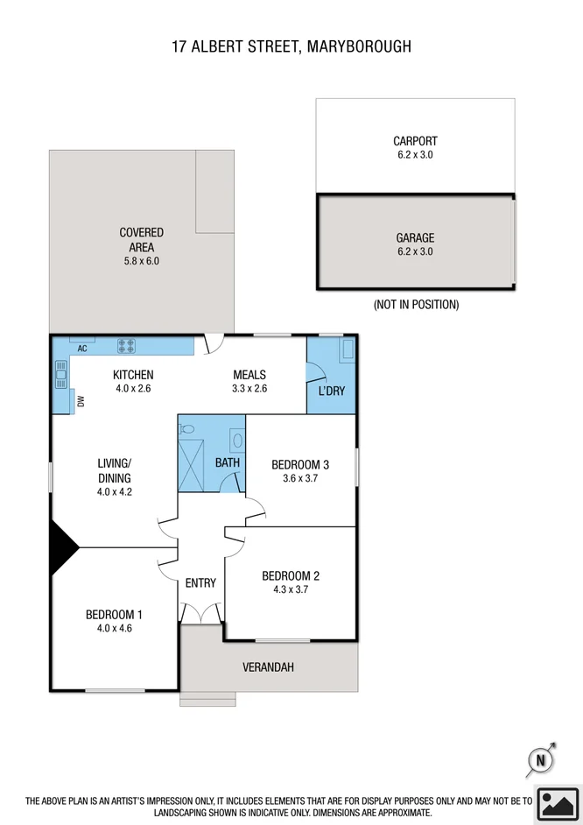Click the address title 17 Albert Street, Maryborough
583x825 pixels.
coord(291,46)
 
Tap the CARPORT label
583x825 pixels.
coord(415,141)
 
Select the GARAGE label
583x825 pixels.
coord(415,237)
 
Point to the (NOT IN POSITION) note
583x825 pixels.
coord(416,305)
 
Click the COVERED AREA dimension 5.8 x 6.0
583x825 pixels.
coord(142,261)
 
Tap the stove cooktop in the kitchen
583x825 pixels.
coord(126,345)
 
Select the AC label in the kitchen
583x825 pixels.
coord(82,349)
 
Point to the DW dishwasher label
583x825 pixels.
coord(81,402)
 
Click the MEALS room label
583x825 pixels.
coord(249,375)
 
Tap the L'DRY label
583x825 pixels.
coord(331,391)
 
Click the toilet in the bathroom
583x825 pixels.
coord(186,428)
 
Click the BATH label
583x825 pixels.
coord(228,462)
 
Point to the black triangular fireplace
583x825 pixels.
coord(62,548)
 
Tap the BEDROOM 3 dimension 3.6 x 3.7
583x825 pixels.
coord(299,478)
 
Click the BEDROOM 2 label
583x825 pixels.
coord(291,575)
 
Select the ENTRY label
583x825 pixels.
coord(200,583)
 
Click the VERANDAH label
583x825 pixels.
coord(268,667)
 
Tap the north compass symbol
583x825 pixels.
coord(541,761)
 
